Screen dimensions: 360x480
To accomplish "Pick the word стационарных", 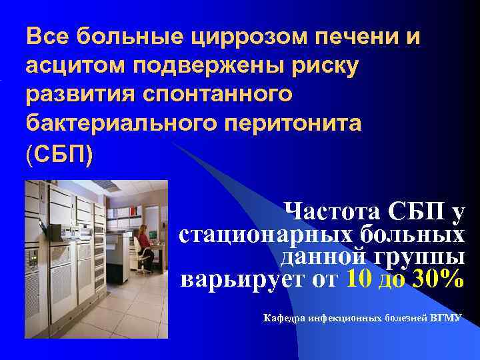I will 265,235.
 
